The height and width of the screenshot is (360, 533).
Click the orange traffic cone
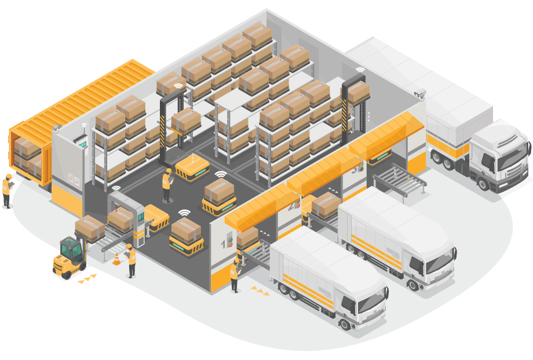coord(116,259)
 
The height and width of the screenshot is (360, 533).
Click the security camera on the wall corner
coord(420,93)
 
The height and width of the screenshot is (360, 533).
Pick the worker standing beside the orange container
coord(7,189)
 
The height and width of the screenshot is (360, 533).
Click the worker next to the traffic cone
coord(131,260)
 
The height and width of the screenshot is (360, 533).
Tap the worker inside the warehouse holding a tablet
coord(167,185)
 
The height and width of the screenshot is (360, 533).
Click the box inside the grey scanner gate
coord(121,219)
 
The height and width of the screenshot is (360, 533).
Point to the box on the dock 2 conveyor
coord(326,205)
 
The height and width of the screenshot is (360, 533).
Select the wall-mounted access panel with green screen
coord(82,143)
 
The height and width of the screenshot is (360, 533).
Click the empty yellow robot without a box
coord(192,168)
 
